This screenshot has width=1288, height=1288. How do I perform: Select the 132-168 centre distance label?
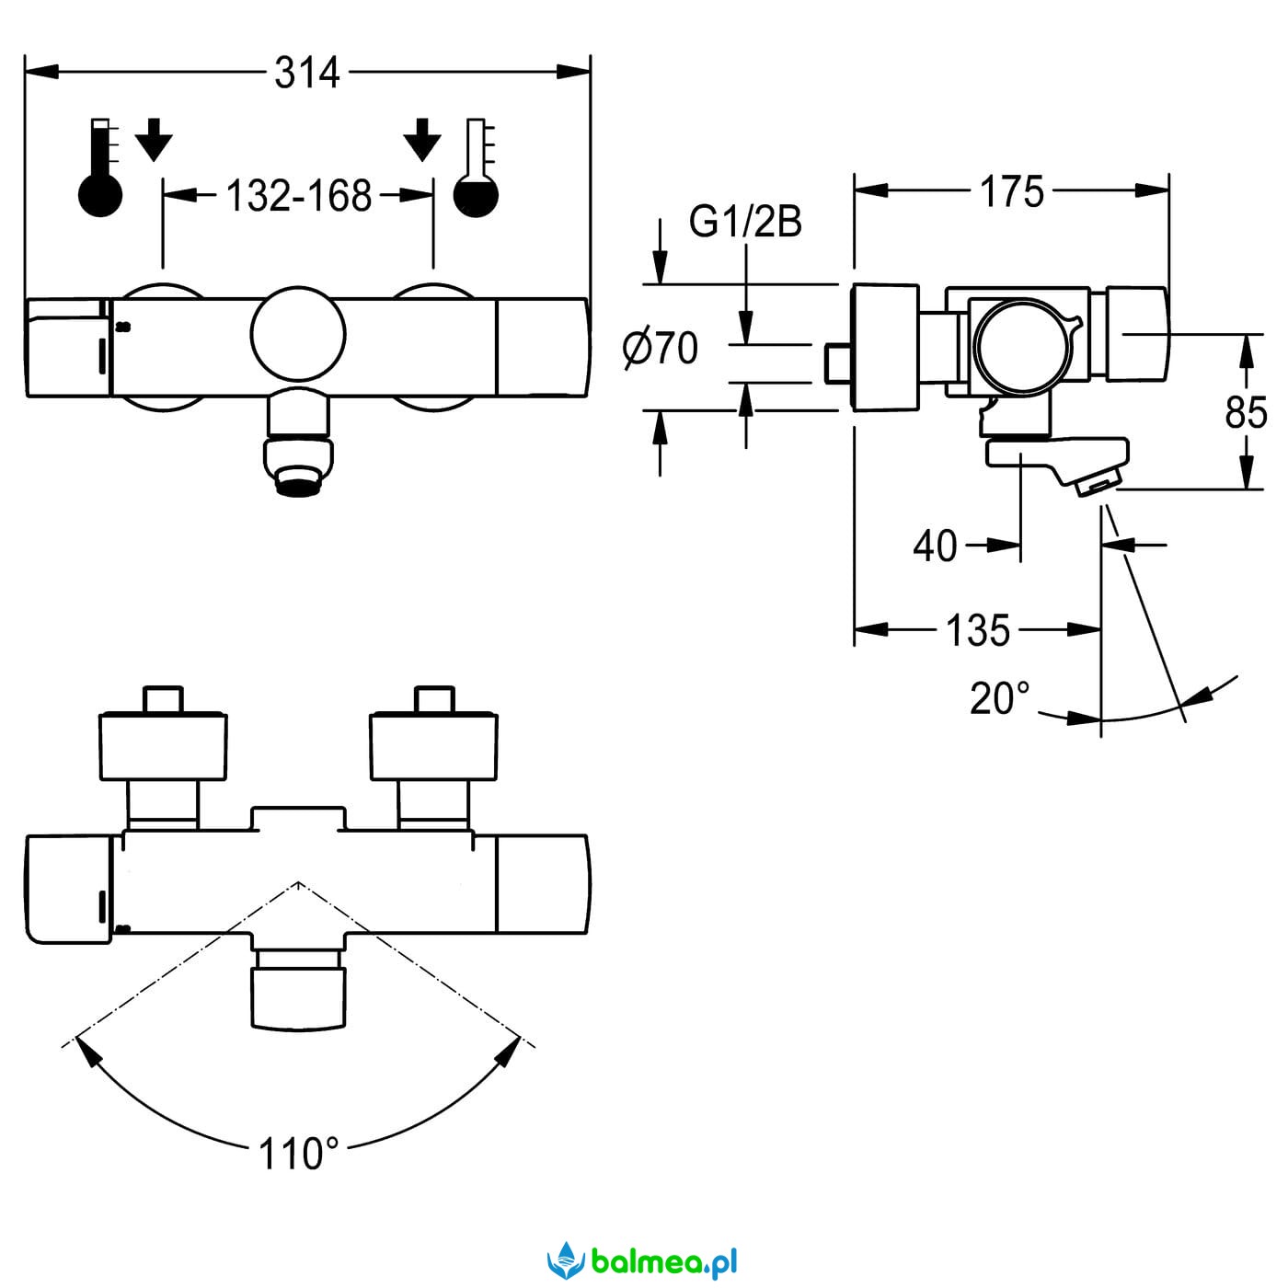[x=299, y=196]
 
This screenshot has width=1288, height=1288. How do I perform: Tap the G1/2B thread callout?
[x=745, y=222]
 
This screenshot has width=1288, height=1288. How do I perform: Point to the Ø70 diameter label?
[x=661, y=348]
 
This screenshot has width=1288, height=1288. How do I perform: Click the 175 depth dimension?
[x=1011, y=192]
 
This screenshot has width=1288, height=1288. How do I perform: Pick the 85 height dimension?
[x=1246, y=412]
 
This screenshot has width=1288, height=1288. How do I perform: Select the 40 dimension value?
[x=935, y=546]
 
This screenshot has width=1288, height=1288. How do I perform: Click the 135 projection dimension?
[x=978, y=629]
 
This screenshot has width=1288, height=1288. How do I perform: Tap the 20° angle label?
[x=1000, y=698]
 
